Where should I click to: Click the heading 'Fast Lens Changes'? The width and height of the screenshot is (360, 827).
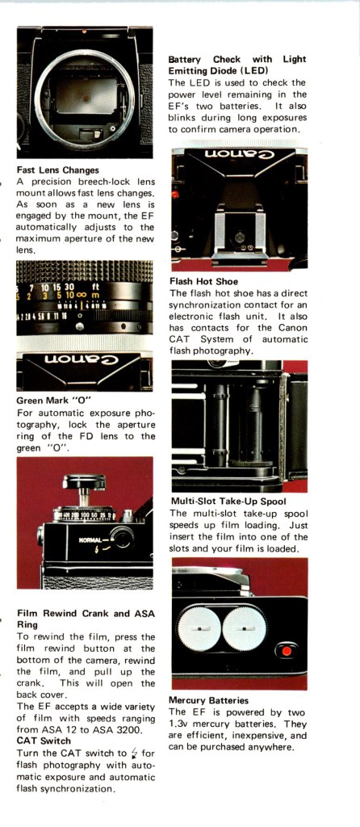tap(57, 170)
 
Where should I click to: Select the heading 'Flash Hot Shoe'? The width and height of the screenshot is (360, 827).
tap(203, 282)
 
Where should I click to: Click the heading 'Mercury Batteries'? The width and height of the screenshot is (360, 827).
tap(208, 700)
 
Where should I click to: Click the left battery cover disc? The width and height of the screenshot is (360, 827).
tap(199, 629)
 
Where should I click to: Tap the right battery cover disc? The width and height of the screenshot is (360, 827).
tap(244, 629)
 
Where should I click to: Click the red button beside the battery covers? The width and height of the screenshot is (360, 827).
tap(287, 650)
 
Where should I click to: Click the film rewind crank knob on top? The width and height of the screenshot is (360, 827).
tap(84, 482)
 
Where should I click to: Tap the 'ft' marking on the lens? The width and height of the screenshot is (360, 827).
tap(95, 288)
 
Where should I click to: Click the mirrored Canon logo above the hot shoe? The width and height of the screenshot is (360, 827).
tap(240, 154)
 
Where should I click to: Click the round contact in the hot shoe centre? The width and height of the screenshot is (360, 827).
tap(240, 237)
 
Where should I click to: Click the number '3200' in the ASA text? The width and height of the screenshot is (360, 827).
tap(144, 730)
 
